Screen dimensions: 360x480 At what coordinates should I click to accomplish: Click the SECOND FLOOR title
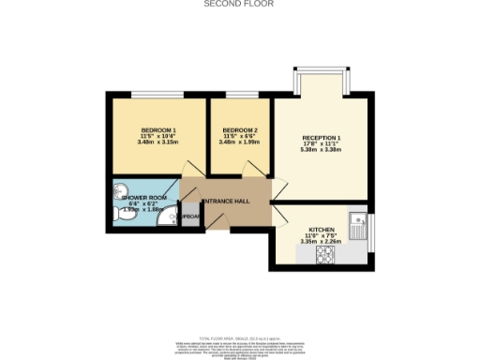click(x=240, y=4)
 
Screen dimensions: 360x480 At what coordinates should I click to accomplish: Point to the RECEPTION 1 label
click(x=321, y=140)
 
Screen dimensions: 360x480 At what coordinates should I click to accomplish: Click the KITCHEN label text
click(x=322, y=229)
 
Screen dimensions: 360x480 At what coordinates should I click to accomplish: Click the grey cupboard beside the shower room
click(x=189, y=216)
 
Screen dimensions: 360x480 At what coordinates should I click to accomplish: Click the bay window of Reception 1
click(x=321, y=72)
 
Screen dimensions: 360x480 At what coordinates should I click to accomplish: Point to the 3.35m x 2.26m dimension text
click(x=322, y=241)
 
